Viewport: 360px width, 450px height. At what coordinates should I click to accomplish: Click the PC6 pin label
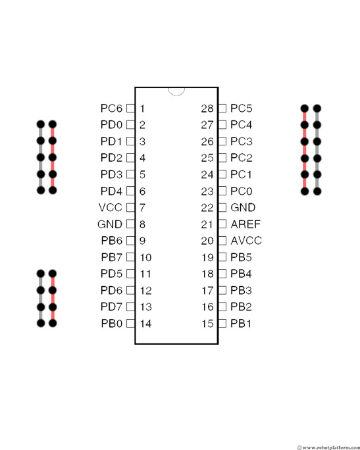pos(111,108)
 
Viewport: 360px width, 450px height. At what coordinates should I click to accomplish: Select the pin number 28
pos(207,109)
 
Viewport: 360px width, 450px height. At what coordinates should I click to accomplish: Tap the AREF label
pos(245,224)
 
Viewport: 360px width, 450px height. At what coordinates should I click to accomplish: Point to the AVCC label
pos(246,241)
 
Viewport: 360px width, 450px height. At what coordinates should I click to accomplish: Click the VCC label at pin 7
pos(111,207)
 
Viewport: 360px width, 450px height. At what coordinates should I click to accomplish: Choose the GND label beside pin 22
pos(243,207)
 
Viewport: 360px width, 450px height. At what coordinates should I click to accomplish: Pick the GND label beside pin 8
pos(110,224)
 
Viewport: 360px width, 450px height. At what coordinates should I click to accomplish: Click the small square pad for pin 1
pos(130,108)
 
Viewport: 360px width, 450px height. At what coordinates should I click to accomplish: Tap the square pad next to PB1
pos(222,324)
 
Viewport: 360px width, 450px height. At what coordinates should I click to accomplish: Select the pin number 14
pos(145,324)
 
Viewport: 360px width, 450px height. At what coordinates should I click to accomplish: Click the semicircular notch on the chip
pos(176,91)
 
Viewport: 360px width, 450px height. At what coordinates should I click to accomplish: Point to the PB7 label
pos(112,257)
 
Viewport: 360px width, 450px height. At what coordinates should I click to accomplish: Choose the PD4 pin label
pos(111,191)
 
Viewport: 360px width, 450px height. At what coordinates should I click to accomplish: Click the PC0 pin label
pos(241,191)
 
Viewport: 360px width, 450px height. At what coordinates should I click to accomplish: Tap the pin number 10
pos(145,257)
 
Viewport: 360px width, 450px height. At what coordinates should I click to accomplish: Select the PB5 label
pos(241,257)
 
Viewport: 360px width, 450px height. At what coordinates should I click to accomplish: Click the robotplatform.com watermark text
pos(328,447)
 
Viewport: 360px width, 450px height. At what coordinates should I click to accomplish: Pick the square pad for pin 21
pos(222,224)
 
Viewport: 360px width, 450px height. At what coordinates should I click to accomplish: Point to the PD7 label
pos(111,307)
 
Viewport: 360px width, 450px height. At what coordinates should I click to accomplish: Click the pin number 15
pos(207,324)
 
